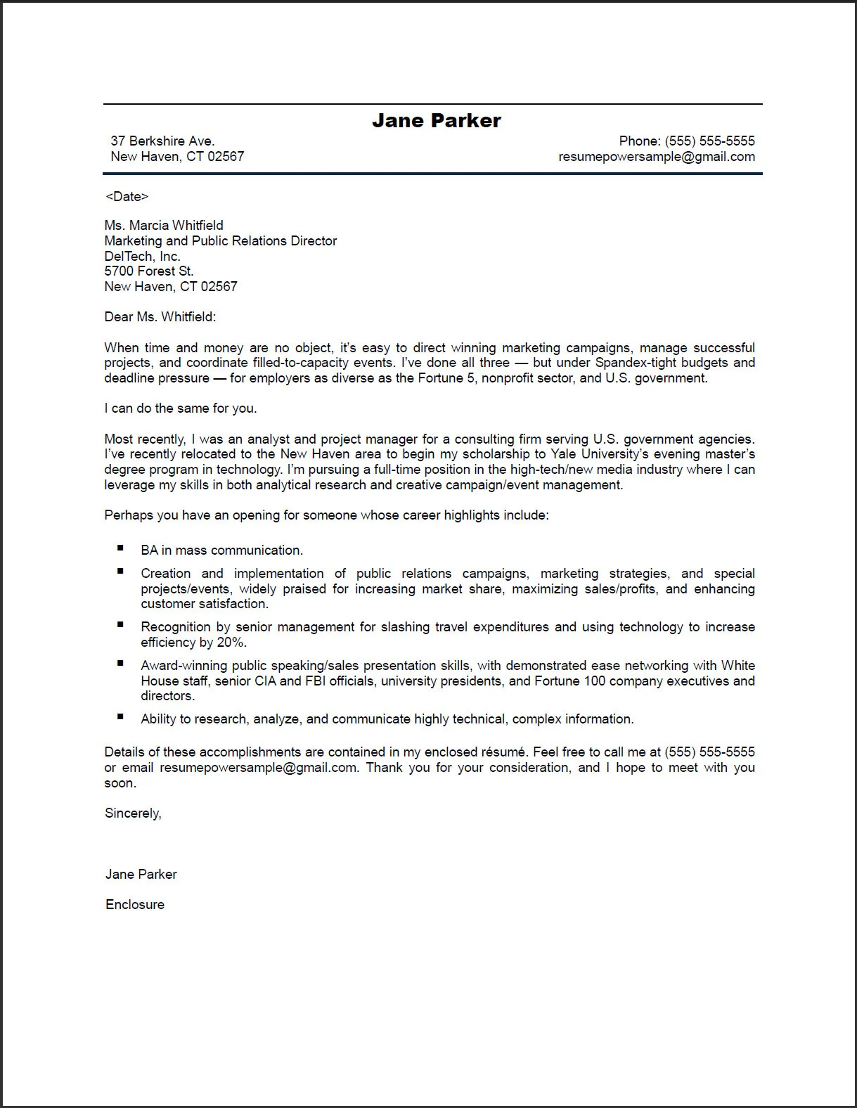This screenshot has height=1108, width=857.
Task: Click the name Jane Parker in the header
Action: (x=436, y=120)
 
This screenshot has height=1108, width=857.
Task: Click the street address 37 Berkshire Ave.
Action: (x=162, y=141)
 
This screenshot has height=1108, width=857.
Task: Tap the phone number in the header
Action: (x=709, y=141)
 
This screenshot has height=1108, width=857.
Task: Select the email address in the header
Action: (x=657, y=156)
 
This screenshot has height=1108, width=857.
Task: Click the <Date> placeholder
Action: (x=127, y=196)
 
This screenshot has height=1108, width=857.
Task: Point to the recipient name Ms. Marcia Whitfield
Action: (x=164, y=225)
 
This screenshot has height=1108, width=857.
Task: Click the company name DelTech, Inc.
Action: (x=142, y=256)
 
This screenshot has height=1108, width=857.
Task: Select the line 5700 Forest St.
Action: (x=148, y=271)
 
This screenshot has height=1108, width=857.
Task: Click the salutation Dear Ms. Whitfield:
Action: (x=160, y=316)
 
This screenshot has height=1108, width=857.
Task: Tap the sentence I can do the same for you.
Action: (x=181, y=408)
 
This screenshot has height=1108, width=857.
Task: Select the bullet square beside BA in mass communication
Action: (x=121, y=548)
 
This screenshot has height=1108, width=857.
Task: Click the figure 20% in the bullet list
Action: (x=231, y=642)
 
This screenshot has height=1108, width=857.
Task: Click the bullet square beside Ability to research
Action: (x=121, y=716)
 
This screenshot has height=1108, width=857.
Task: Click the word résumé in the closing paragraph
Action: (x=503, y=752)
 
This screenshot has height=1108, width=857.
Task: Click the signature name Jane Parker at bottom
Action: (x=141, y=874)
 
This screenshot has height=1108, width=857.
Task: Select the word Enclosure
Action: (x=135, y=904)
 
